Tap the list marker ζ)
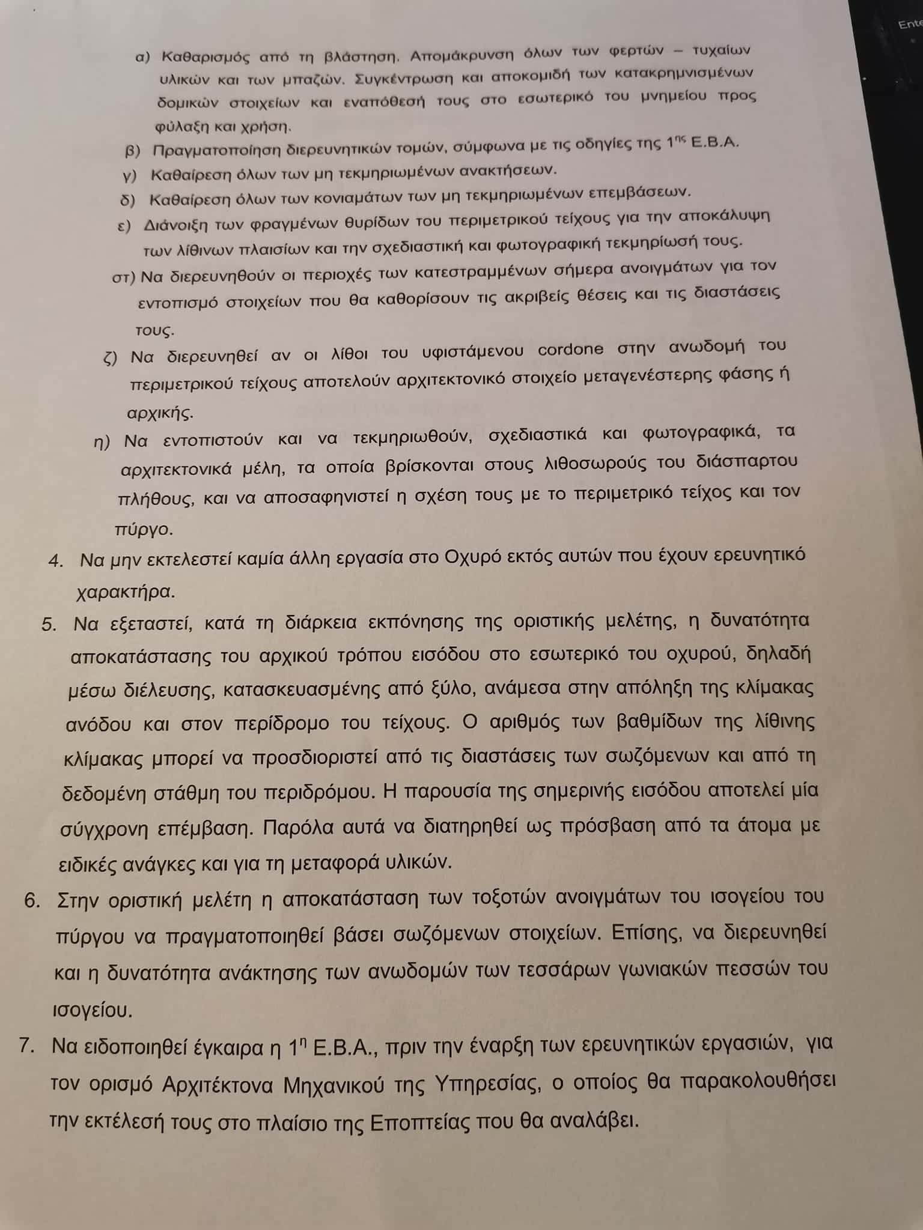(111, 358)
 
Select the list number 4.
(56, 561)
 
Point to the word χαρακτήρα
(126, 592)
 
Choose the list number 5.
(49, 625)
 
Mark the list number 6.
(32, 901)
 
